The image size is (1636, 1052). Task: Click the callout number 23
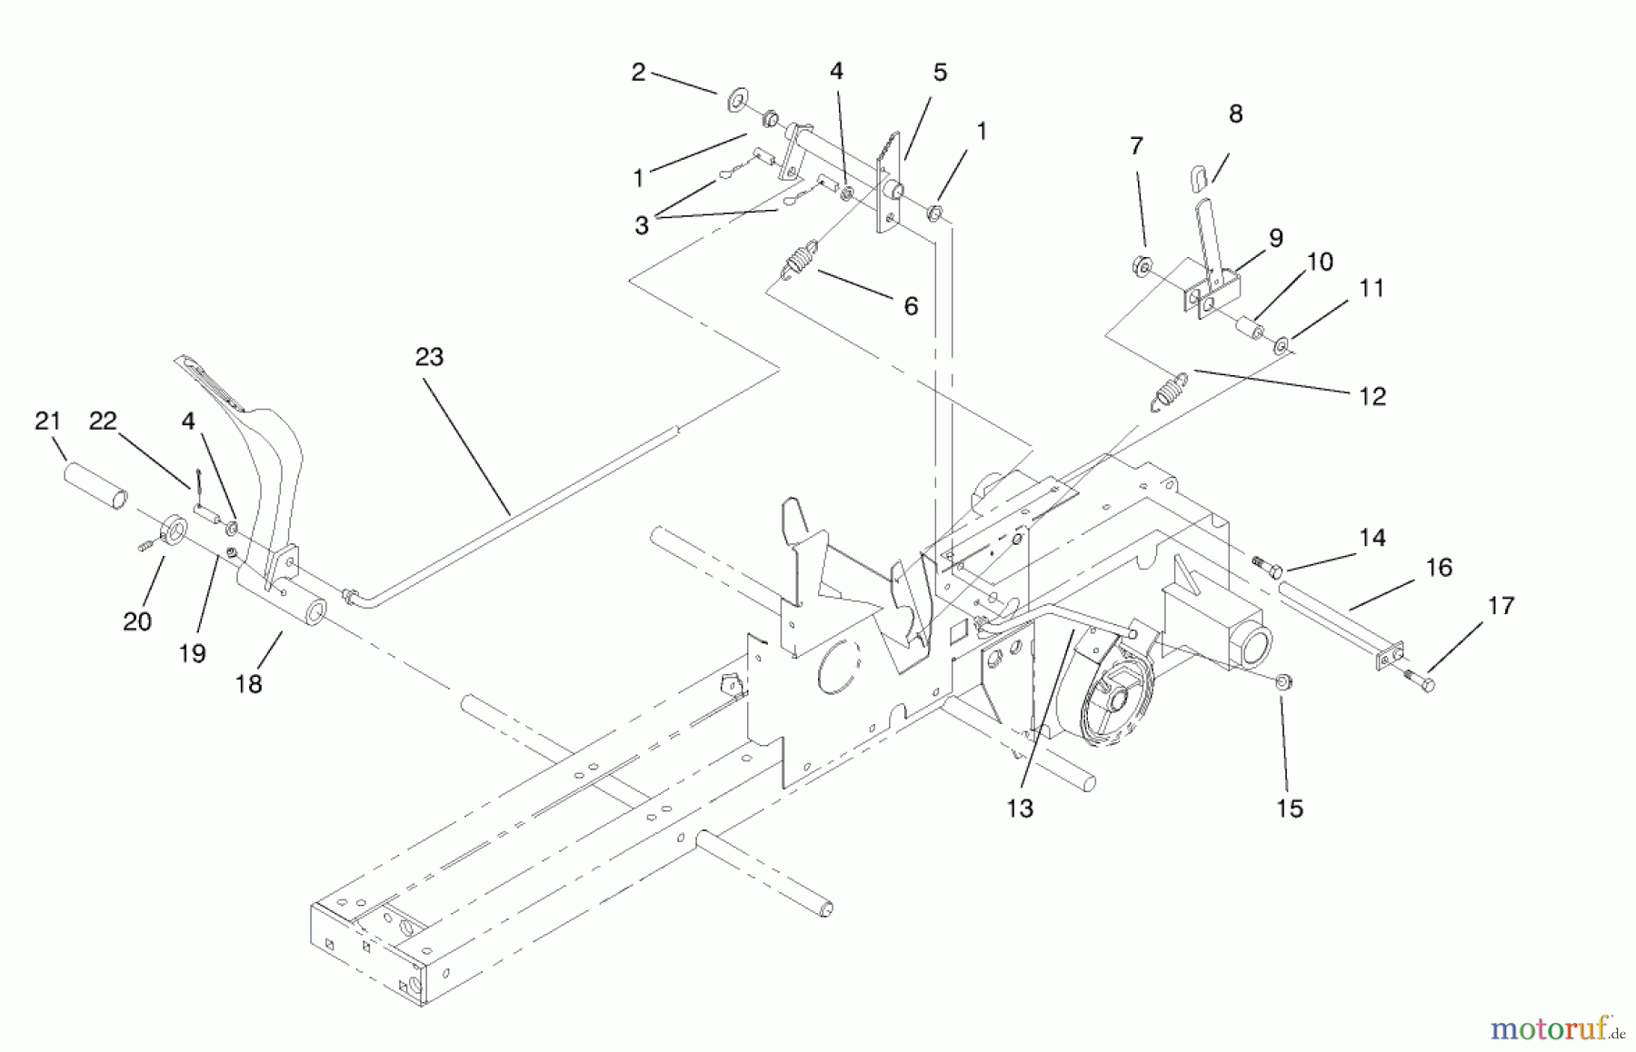(x=429, y=358)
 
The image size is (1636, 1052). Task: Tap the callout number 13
(x=1020, y=809)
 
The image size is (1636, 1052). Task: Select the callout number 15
(x=1289, y=809)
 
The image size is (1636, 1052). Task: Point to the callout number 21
(x=47, y=422)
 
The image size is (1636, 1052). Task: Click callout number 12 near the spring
(x=1372, y=397)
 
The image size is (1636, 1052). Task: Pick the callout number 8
(x=1234, y=114)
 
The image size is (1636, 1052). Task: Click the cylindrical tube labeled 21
(x=95, y=485)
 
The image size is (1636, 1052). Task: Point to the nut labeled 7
(x=1142, y=266)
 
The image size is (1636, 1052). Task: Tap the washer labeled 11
(x=1282, y=344)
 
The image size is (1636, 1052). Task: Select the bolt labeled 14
(x=1266, y=566)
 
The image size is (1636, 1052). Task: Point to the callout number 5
(x=940, y=73)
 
